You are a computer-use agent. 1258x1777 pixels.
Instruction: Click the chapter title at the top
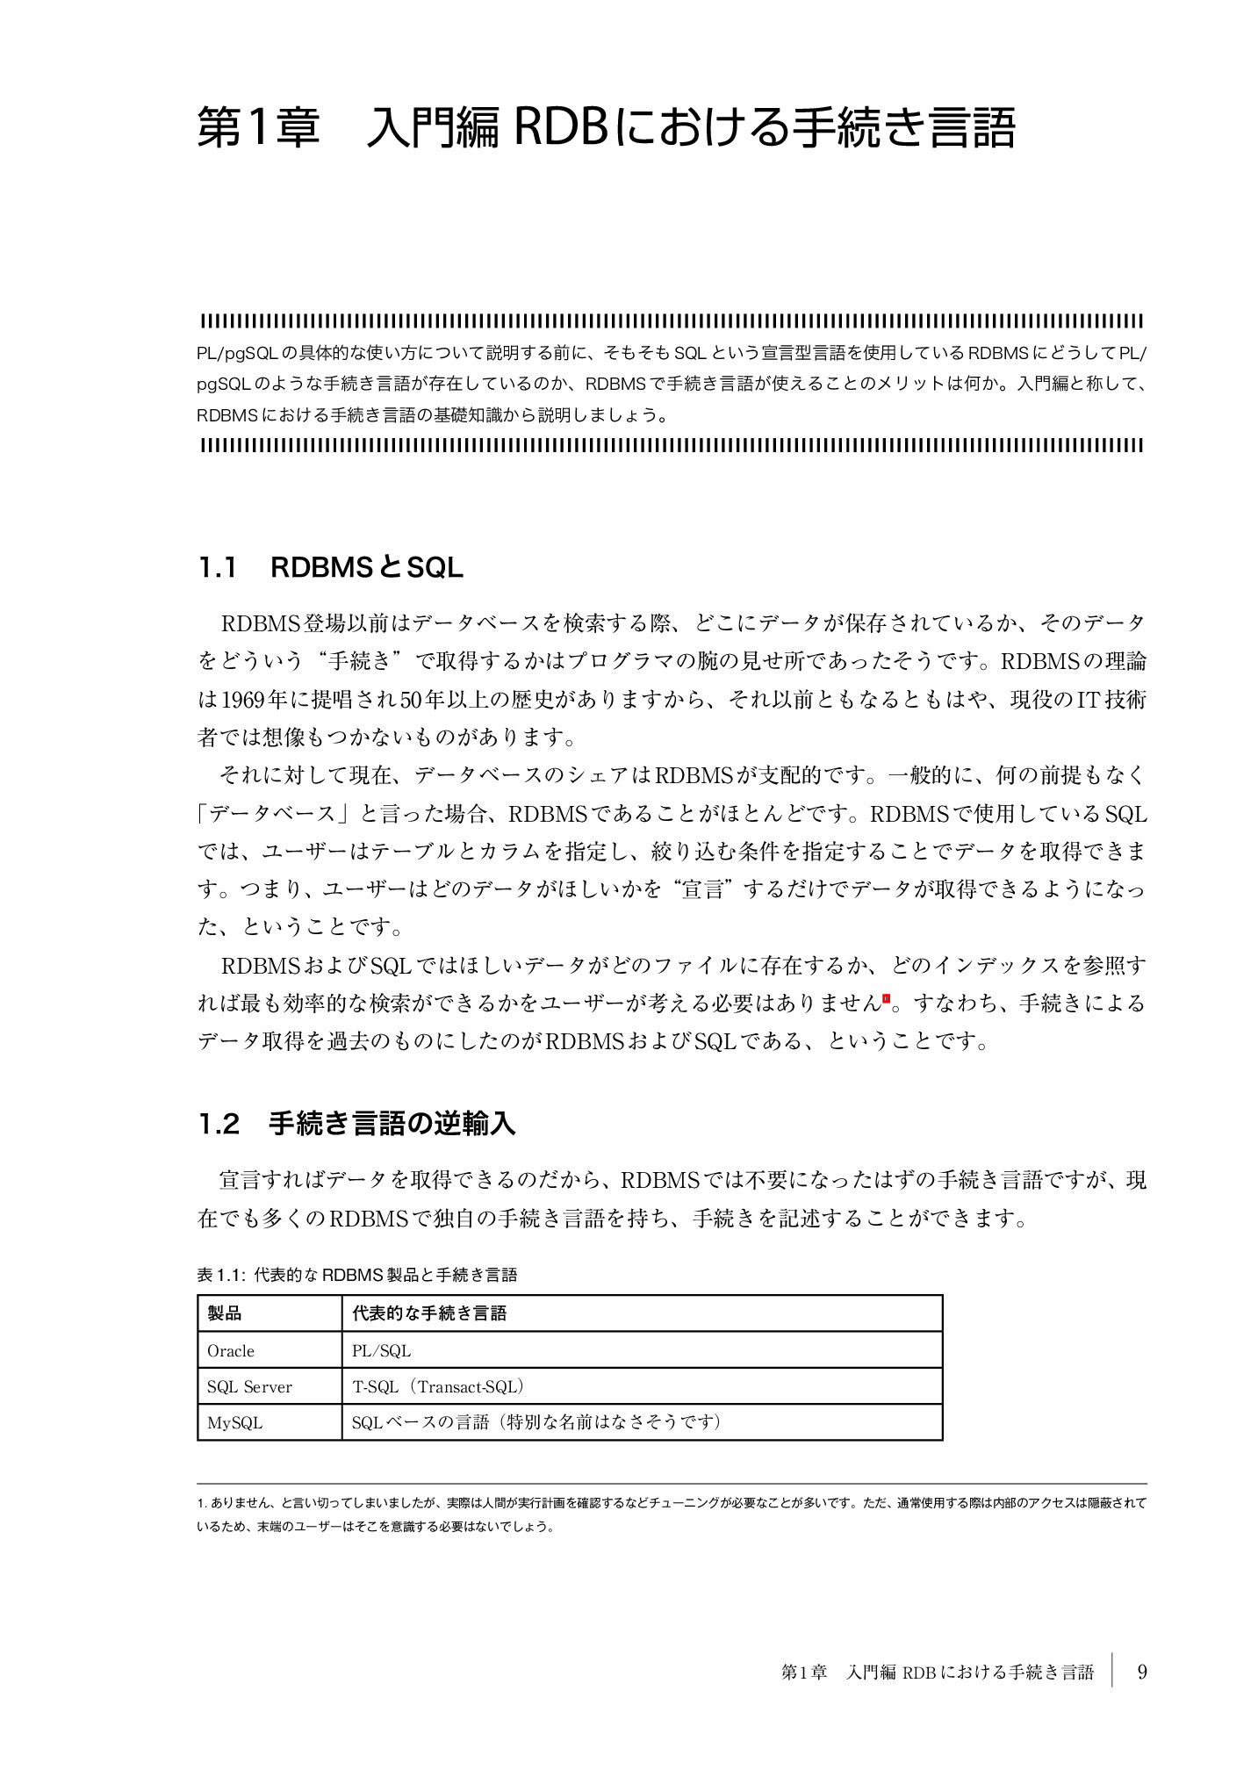click(606, 129)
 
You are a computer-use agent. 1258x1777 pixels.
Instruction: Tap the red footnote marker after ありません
click(886, 998)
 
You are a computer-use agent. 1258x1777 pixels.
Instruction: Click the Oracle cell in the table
click(231, 1351)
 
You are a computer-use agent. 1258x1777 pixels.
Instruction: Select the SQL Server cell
click(249, 1387)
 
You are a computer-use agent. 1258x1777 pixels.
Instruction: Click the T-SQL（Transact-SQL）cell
click(438, 1387)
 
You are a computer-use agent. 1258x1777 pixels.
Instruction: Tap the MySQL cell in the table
click(234, 1423)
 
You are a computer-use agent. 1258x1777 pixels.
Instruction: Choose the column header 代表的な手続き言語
click(429, 1313)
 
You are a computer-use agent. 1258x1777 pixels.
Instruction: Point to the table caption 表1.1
click(356, 1275)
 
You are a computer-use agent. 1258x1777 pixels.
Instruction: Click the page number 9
click(1142, 1672)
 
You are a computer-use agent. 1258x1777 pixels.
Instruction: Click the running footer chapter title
click(937, 1673)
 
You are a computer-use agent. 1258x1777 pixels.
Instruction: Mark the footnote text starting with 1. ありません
click(672, 1514)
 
